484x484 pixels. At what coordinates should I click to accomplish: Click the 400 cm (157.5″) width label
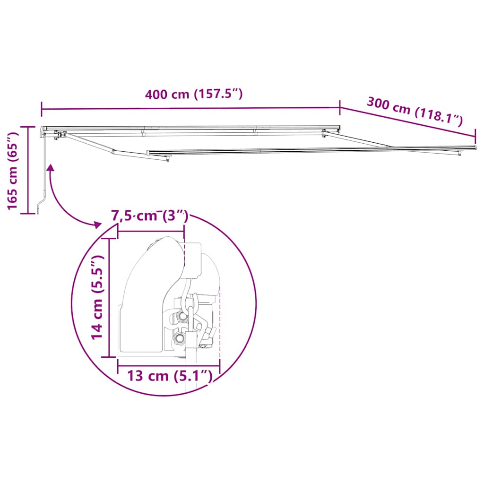tap(194, 94)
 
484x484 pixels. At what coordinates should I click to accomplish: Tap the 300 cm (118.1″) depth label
tap(414, 111)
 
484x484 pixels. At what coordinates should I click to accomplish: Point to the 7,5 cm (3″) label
tap(149, 217)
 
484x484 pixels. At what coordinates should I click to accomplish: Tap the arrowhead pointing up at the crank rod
tap(50, 167)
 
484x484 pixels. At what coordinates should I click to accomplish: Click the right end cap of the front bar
tap(474, 147)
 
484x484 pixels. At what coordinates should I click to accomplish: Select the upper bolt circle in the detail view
tap(181, 316)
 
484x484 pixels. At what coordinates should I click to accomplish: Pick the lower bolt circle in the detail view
tap(179, 338)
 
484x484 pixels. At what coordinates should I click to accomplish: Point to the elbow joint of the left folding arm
tap(113, 152)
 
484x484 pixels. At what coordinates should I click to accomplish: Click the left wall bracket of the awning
tap(57, 135)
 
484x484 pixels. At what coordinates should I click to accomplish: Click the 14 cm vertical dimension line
tap(110, 298)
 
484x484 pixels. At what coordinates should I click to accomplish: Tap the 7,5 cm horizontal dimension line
tap(150, 232)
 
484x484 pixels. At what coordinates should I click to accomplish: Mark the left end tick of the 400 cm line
tap(42, 109)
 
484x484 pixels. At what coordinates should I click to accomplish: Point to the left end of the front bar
tap(148, 153)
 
